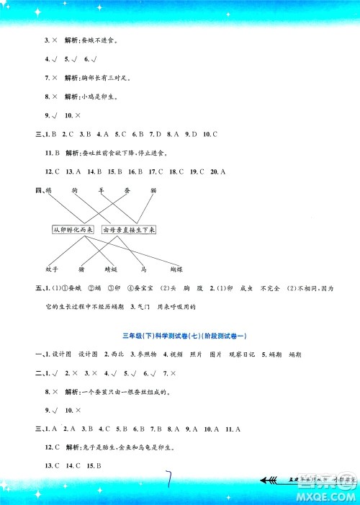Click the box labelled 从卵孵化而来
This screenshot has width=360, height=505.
[75, 229]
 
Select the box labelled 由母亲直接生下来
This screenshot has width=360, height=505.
[130, 229]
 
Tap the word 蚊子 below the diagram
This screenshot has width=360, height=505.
[50, 270]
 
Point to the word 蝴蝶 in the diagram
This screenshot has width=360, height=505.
[176, 270]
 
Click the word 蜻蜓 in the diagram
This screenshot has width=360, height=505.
[110, 270]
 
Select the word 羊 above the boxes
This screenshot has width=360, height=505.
[102, 190]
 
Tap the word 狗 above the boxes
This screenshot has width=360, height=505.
[75, 190]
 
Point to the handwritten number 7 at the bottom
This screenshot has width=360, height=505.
[171, 478]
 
